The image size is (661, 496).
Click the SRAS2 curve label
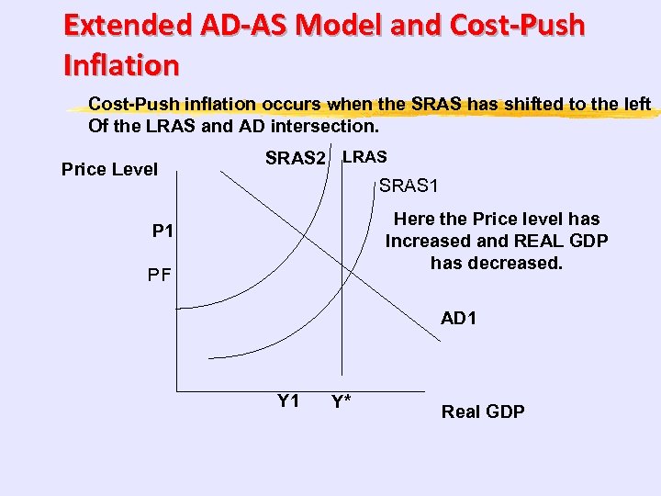pyautogui.click(x=295, y=159)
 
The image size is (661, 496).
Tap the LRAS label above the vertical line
pyautogui.click(x=364, y=157)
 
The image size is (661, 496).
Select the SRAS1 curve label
pyautogui.click(x=409, y=186)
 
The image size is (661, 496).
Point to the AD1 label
pyautogui.click(x=458, y=319)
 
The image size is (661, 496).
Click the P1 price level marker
pyautogui.click(x=162, y=230)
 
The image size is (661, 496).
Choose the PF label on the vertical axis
pyautogui.click(x=161, y=275)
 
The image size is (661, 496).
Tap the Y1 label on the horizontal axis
pyautogui.click(x=288, y=400)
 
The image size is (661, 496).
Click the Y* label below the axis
pyautogui.click(x=342, y=403)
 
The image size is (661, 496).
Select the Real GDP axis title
pyautogui.click(x=483, y=411)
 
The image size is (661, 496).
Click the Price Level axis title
pyautogui.click(x=109, y=169)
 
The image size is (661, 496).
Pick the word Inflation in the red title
pyautogui.click(x=121, y=65)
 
